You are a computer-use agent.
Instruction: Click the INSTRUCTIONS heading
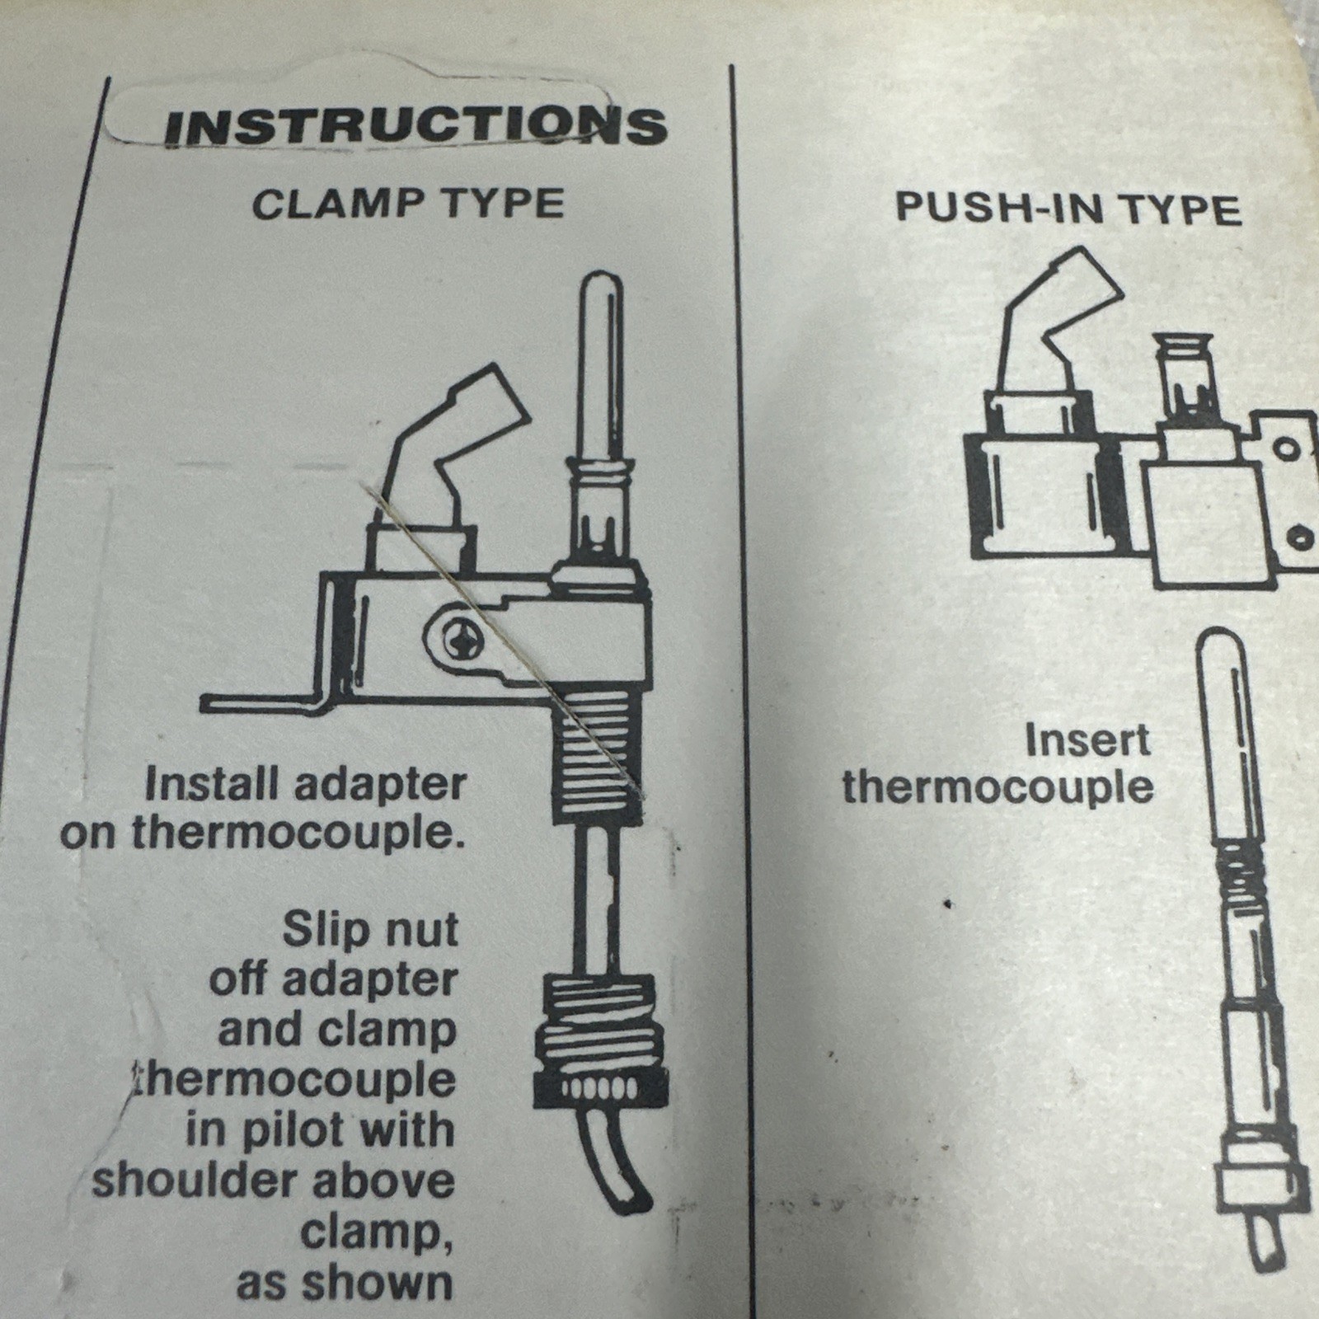415,126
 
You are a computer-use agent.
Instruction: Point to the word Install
211,783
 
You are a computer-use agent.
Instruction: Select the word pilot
284,1131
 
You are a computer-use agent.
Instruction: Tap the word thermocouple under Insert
997,787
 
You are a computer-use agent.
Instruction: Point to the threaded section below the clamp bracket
596,758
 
